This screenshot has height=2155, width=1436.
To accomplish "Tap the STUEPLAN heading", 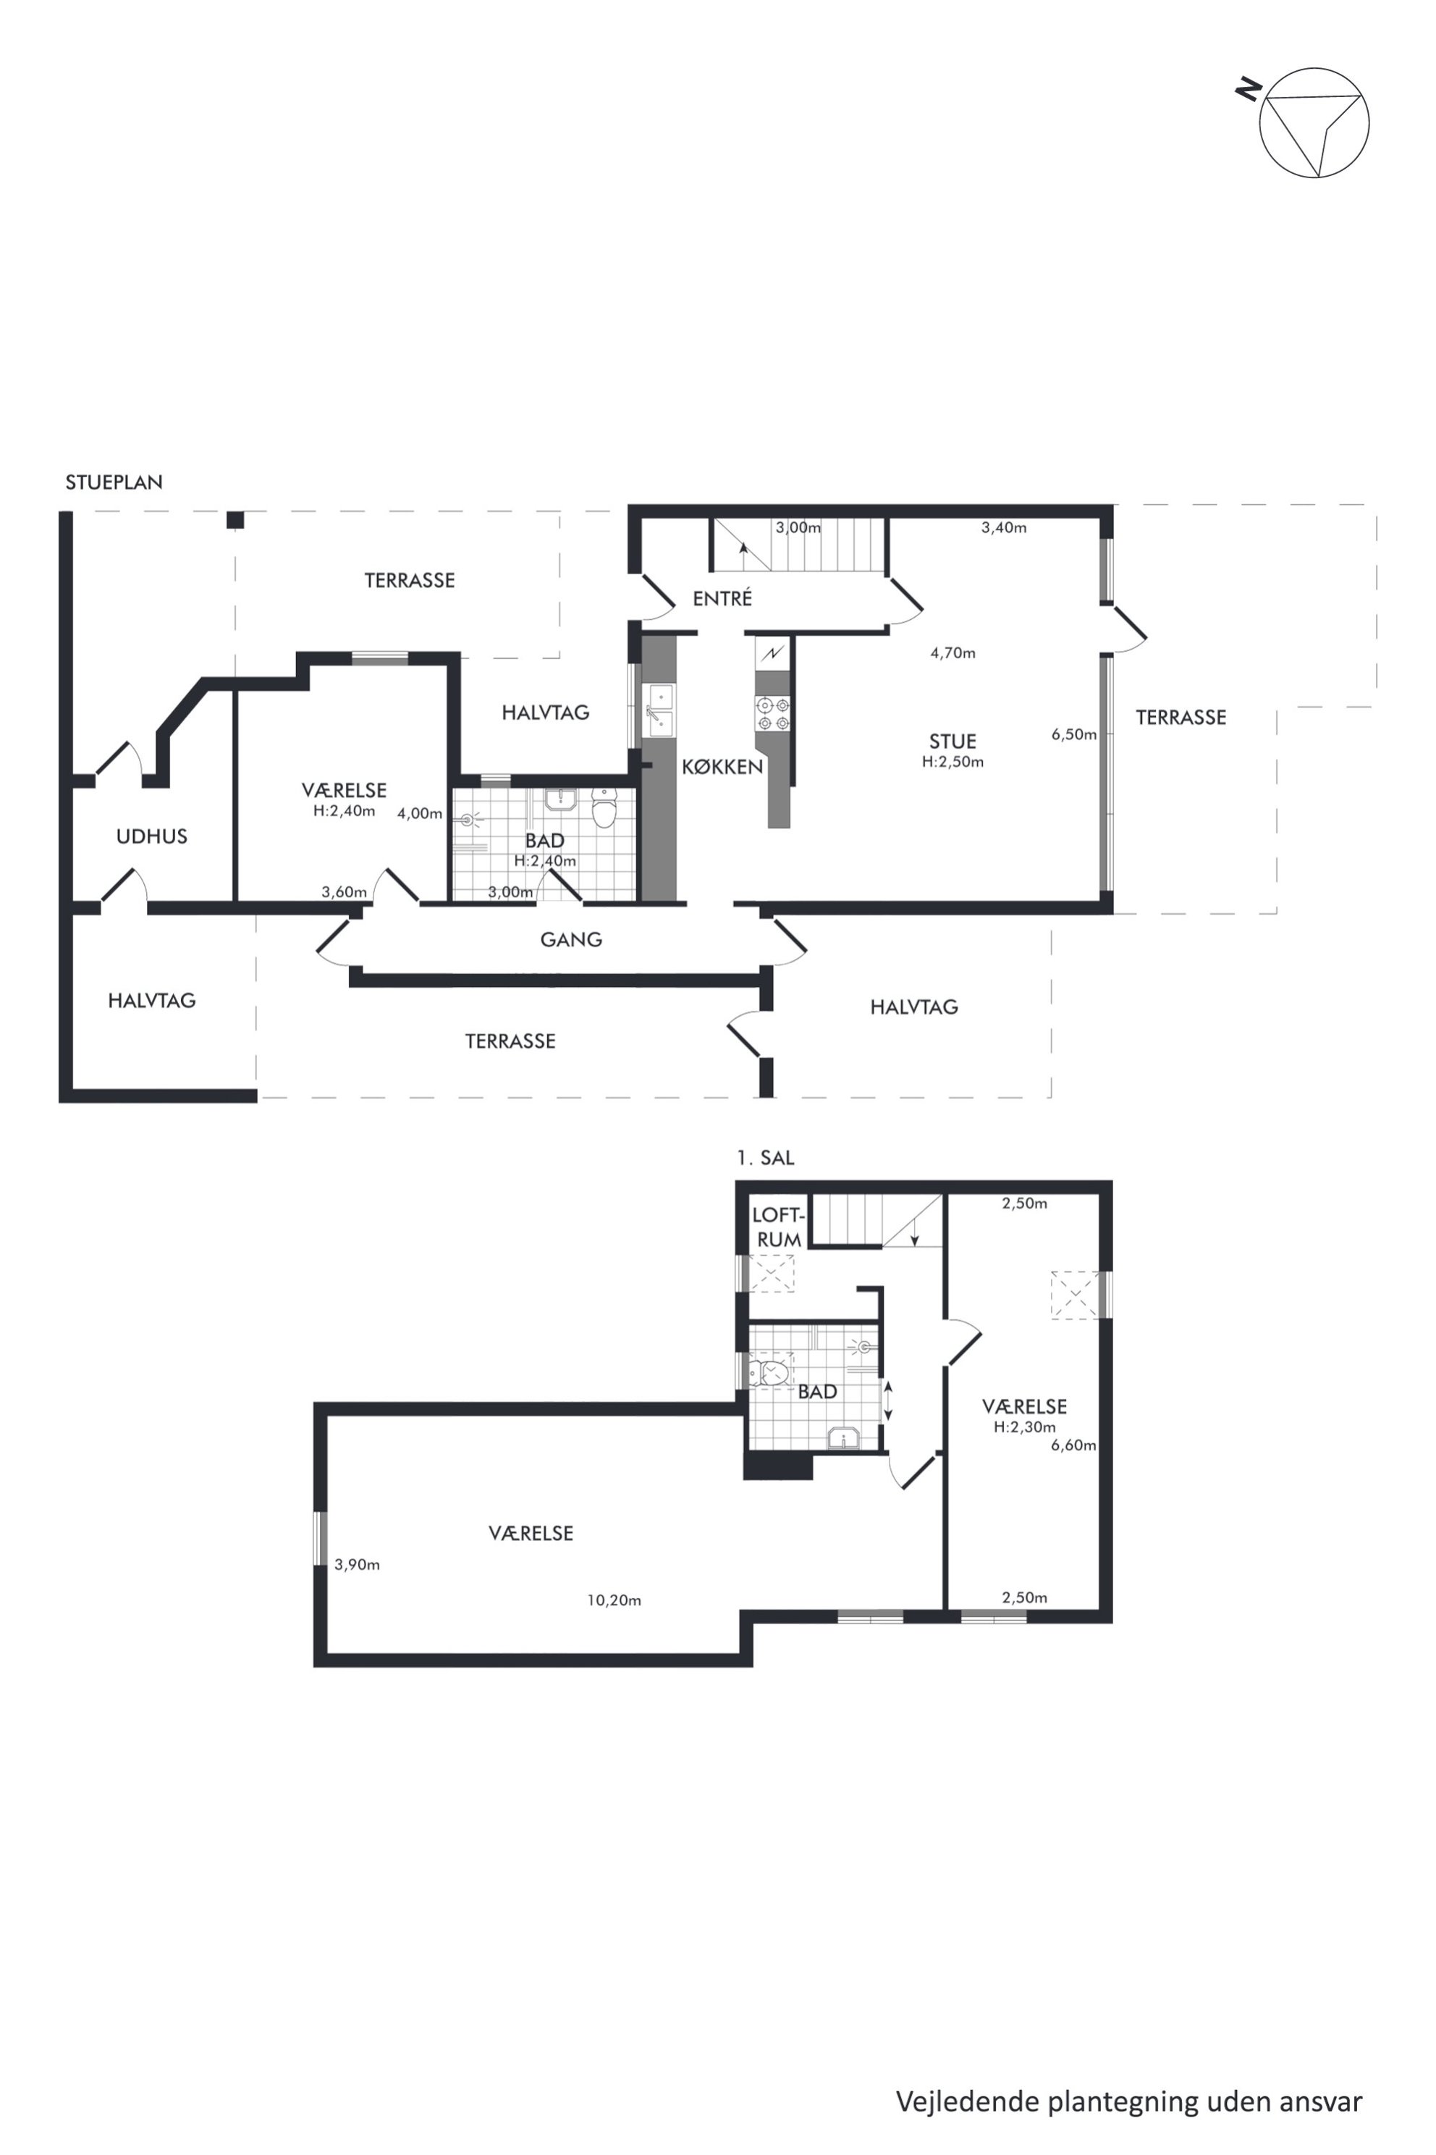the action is [x=114, y=482].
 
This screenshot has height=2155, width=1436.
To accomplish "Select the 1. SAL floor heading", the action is [x=766, y=1157].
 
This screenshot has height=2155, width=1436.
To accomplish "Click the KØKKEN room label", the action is [x=722, y=766].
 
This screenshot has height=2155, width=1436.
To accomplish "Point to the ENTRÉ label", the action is [x=722, y=598].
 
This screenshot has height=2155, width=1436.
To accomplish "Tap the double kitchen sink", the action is [x=659, y=710].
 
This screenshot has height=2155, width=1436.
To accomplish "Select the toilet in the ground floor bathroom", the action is [x=604, y=808].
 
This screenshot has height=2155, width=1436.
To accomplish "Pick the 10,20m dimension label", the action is [x=614, y=1600].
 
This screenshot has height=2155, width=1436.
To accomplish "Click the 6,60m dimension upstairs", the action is [x=1073, y=1445].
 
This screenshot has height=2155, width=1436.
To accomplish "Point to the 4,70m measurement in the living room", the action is [x=953, y=653].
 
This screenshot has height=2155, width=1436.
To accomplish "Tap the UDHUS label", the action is [x=152, y=836].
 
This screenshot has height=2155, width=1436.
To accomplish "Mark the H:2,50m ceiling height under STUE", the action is [x=953, y=761].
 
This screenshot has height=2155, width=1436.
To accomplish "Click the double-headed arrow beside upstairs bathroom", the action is [x=887, y=1401].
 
